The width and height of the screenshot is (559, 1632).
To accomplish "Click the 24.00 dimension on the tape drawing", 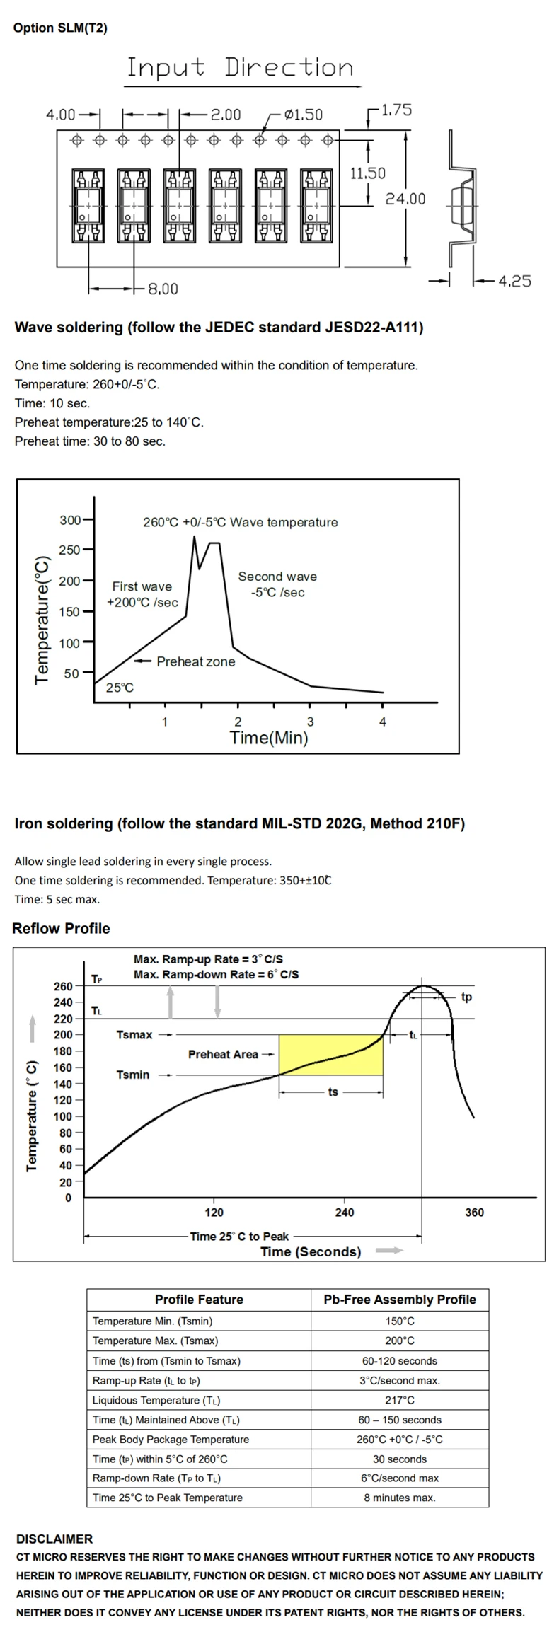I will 405,199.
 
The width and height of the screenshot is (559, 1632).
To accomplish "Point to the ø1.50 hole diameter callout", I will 303,115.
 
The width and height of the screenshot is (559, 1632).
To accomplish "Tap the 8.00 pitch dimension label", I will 163,289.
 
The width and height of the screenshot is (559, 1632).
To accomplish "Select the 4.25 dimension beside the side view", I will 514,281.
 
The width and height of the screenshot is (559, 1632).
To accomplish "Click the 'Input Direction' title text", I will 239,68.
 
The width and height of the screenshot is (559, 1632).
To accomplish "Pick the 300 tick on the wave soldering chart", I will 70,520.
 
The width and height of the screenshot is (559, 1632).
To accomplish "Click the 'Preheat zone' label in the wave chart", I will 195,661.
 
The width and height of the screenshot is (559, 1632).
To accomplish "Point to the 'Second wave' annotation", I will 277,577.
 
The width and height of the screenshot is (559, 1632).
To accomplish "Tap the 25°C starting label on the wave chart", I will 120,688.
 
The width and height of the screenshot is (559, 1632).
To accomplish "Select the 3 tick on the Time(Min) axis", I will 310,722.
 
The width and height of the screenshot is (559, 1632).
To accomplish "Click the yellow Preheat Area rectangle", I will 330,1054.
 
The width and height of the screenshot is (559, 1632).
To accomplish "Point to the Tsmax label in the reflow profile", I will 134,1035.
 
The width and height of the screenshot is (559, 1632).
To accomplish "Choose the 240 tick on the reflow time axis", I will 345,1212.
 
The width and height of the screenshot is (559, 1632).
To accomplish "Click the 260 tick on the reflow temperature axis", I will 63,986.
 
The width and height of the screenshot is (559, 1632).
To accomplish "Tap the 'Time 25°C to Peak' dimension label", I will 239,1236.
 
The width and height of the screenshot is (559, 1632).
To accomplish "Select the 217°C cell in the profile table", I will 400,1400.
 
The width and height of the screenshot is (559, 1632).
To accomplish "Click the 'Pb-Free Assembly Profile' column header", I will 400,1300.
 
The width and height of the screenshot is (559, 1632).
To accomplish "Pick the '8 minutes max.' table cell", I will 400,1498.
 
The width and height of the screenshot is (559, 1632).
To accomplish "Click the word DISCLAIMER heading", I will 54,1539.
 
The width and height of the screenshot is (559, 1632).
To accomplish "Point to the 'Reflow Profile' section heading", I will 61,928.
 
